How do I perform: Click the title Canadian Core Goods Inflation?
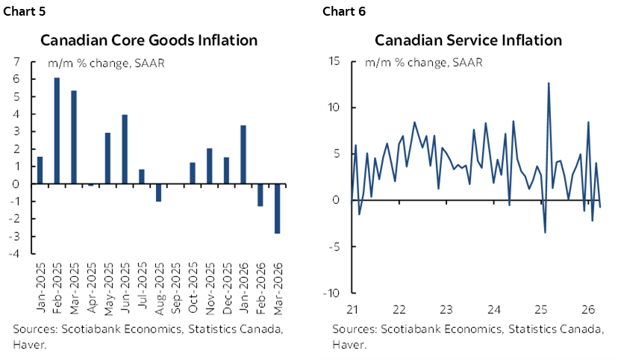[x=149, y=40]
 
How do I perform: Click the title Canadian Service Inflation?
[x=468, y=40]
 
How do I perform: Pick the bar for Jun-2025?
[x=125, y=149]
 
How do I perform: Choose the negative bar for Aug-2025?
[x=158, y=192]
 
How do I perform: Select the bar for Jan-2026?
[x=243, y=154]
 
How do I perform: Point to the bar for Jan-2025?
[x=40, y=170]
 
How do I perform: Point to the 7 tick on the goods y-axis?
[x=16, y=61]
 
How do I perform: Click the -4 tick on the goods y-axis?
[x=14, y=254]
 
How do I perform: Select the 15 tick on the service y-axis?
[x=335, y=61]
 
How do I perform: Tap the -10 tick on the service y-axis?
[x=334, y=293]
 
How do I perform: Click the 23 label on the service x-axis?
[x=446, y=310]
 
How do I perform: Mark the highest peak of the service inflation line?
[x=549, y=83]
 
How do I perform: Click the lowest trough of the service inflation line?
[x=545, y=232]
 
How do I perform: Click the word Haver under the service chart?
[x=349, y=344]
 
